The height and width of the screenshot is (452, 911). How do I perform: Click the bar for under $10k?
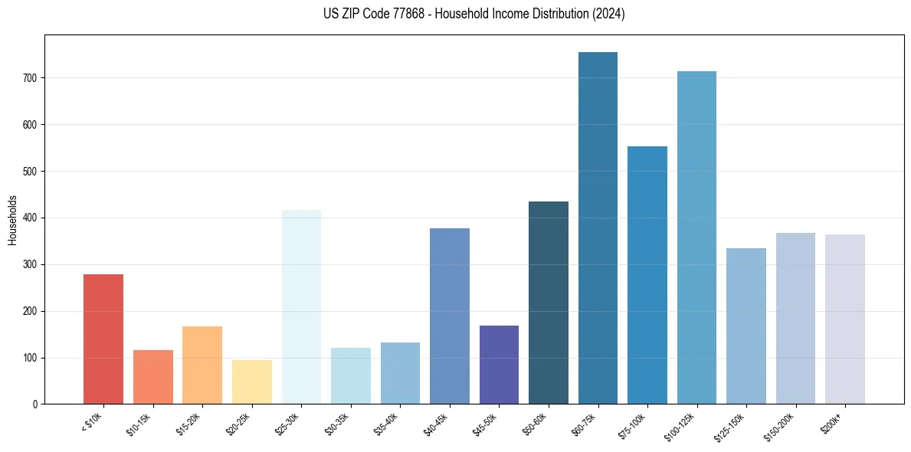pyautogui.click(x=103, y=339)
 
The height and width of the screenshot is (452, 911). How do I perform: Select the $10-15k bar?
pyautogui.click(x=153, y=377)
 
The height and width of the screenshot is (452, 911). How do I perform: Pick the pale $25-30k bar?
pyautogui.click(x=301, y=306)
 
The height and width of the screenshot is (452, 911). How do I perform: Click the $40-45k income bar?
pyautogui.click(x=450, y=316)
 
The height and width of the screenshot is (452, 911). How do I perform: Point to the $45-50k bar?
pyautogui.click(x=499, y=365)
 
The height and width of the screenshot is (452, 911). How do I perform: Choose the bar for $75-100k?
pyautogui.click(x=647, y=275)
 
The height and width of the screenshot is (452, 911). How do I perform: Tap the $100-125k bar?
pyautogui.click(x=696, y=237)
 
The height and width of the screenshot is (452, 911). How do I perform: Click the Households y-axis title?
pyautogui.click(x=13, y=221)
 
